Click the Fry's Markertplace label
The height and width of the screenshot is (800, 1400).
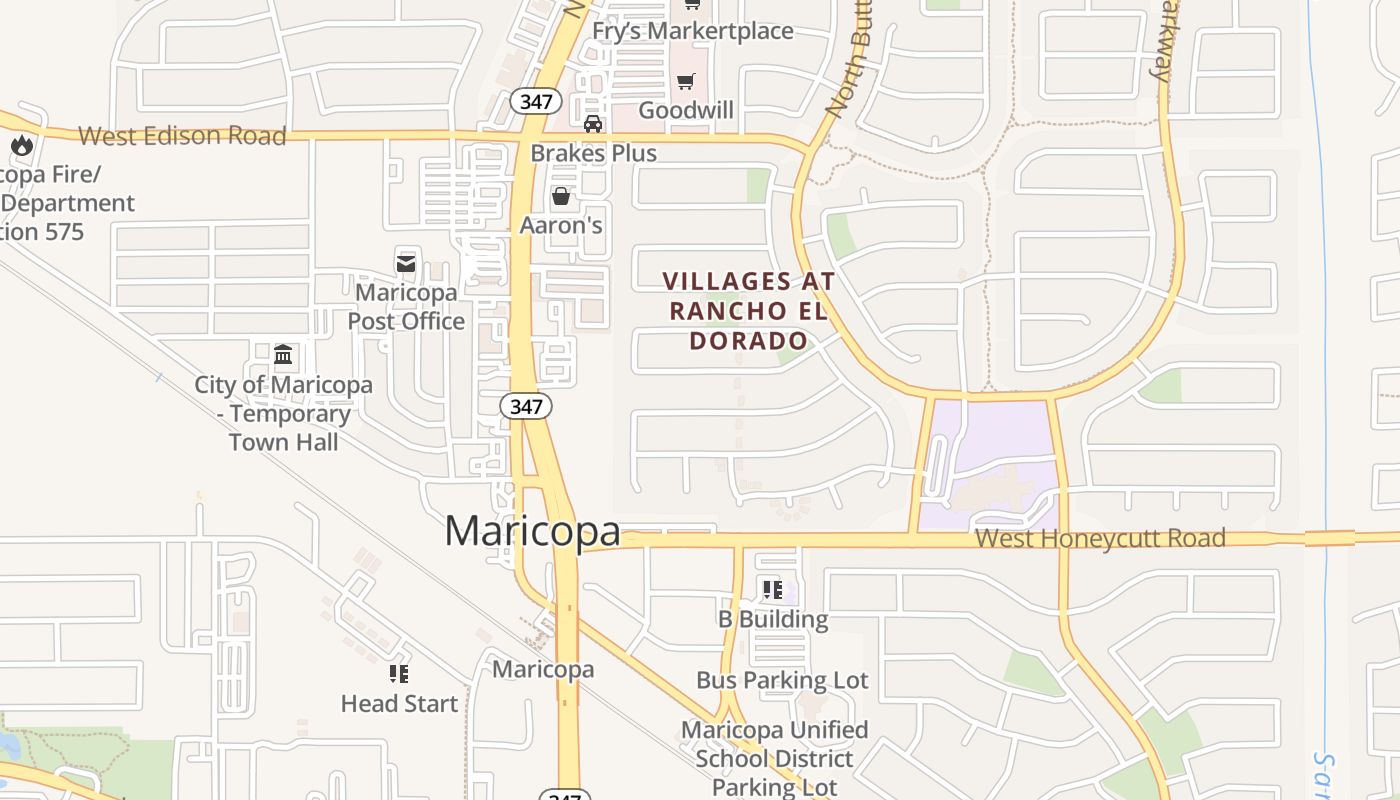[693, 31]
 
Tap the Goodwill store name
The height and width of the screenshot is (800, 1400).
[686, 110]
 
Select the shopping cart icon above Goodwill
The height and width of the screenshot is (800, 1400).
[686, 81]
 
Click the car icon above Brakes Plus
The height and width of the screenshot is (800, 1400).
[593, 124]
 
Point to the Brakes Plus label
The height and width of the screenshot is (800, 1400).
[593, 153]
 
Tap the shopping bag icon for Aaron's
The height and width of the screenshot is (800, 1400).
[561, 196]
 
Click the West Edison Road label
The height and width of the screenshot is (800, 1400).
[182, 136]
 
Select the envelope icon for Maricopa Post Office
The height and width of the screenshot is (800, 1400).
[406, 264]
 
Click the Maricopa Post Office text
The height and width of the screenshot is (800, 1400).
[406, 307]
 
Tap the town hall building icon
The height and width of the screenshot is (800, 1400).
[283, 355]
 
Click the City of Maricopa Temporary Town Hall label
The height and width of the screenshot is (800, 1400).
[283, 413]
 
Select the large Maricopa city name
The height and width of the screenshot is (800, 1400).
[532, 531]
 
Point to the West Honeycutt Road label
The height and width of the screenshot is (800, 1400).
[1100, 538]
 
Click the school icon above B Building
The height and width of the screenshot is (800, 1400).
[772, 590]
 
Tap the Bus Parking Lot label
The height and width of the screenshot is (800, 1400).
[782, 681]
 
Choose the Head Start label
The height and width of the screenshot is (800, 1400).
[399, 704]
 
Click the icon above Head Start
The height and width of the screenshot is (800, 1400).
[399, 674]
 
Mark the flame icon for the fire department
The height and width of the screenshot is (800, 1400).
[22, 146]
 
